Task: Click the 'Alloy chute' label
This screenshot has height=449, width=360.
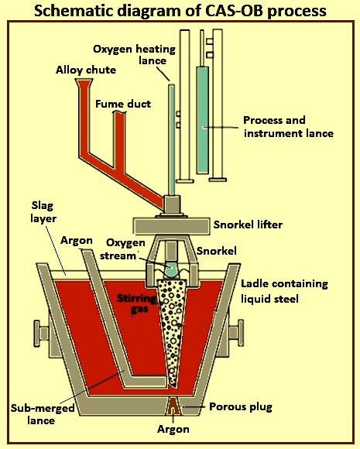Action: tap(86, 70)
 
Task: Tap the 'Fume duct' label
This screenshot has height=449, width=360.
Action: tap(123, 104)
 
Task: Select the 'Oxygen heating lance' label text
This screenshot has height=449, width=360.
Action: tap(134, 55)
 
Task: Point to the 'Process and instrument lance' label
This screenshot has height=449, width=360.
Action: tap(289, 126)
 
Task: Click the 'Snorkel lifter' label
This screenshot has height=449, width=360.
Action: tap(248, 224)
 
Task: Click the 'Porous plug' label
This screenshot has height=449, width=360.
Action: tap(241, 407)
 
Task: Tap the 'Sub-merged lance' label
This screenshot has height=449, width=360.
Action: tap(43, 414)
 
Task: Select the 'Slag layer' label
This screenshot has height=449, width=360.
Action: tap(43, 212)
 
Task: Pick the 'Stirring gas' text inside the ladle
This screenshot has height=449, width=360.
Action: tap(137, 303)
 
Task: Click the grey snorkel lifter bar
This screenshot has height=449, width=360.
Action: tap(171, 226)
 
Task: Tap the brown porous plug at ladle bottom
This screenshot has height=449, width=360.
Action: tap(173, 406)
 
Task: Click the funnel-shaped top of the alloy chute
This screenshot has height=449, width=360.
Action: tap(84, 83)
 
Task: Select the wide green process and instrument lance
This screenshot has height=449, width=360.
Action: tap(203, 120)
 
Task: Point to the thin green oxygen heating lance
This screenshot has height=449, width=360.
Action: tap(172, 140)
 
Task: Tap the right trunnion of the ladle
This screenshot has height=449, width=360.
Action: tap(235, 333)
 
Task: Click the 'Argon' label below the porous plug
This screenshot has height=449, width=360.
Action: tap(173, 429)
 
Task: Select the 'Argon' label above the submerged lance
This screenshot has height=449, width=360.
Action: tap(77, 241)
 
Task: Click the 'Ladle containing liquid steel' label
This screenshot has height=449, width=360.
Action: tap(284, 291)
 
